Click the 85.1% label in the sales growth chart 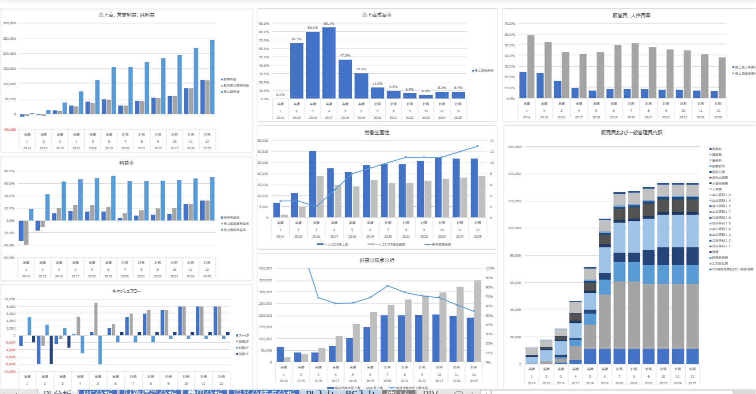[x=329, y=24]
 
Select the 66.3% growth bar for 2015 [x=296, y=71]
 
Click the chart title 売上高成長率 [x=377, y=15]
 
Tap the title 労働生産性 [x=377, y=133]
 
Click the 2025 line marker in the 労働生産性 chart [x=478, y=146]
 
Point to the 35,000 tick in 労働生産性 [x=262, y=141]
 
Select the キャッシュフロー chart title [x=126, y=291]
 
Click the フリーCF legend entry [x=243, y=336]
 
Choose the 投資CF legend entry [x=243, y=354]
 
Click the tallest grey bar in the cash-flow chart [x=96, y=319]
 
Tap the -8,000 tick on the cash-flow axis [x=10, y=364]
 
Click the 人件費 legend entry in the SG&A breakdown [x=716, y=189]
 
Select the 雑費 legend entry [x=715, y=252]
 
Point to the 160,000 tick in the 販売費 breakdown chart [x=515, y=147]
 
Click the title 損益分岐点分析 [x=377, y=260]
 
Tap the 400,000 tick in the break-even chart [x=266, y=269]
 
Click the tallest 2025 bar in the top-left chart [x=212, y=77]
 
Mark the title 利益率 [x=126, y=163]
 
